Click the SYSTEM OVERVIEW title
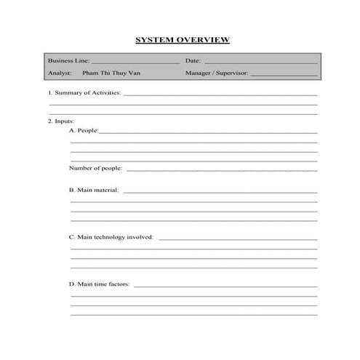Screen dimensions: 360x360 coord(183,40)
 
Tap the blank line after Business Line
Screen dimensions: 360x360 coord(135,63)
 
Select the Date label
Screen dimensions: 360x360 coord(193,61)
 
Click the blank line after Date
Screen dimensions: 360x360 coord(260,63)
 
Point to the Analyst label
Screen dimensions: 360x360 coord(60,73)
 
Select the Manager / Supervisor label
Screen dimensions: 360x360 coord(217,73)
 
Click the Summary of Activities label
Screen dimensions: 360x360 coord(84,93)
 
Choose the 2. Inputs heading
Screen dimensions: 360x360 coord(61,121)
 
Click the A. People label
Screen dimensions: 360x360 coord(83,130)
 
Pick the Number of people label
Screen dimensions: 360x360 coord(95,168)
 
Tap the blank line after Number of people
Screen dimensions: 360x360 coord(222,170)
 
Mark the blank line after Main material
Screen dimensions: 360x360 coord(220,192)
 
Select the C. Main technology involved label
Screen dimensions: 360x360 coord(111,236)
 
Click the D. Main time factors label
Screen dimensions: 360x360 coord(99,284)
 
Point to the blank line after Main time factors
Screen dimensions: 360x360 coord(225,286)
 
